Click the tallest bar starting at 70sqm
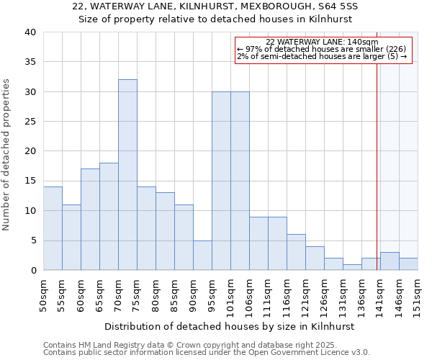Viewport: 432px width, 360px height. pyautogui.click(x=127, y=175)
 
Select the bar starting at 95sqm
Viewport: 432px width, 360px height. pyautogui.click(x=221, y=181)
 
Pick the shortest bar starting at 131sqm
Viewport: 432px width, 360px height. pyautogui.click(x=352, y=267)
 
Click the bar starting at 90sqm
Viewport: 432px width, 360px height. pyautogui.click(x=202, y=255)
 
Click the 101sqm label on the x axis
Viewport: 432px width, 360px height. pyautogui.click(x=232, y=295)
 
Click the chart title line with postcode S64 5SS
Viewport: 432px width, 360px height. pyautogui.click(x=215, y=6)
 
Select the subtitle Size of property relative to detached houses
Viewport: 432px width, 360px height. pyautogui.click(x=215, y=19)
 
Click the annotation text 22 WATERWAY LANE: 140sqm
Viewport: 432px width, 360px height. pyautogui.click(x=322, y=42)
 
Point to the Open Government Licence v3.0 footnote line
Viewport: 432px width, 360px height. pyautogui.click(x=207, y=353)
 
